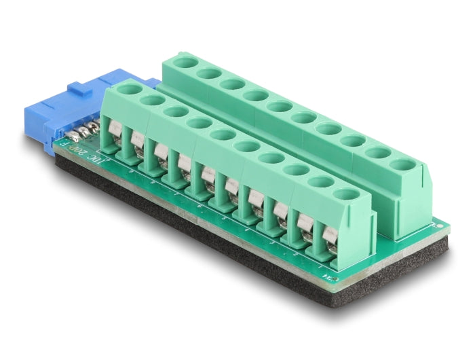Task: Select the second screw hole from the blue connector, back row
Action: (209, 73)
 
